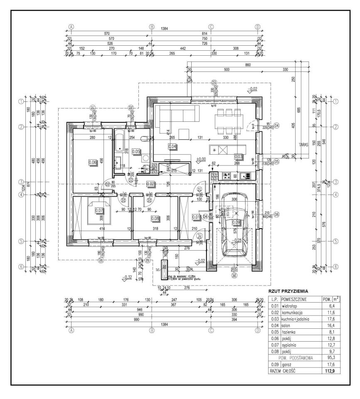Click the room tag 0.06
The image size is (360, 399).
[x=93, y=163]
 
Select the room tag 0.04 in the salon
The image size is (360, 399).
[x=172, y=146]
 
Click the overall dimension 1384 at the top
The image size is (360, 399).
[x=153, y=29]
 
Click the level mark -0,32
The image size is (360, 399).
[x=128, y=277]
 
